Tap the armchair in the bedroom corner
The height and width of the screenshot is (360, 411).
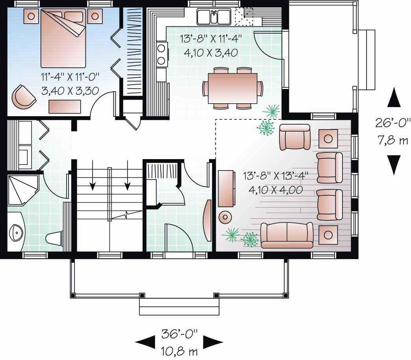point(23,96)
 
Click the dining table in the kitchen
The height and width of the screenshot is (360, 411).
point(232,88)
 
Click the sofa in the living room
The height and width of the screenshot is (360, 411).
point(287,235)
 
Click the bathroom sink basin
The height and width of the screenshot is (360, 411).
point(17,233)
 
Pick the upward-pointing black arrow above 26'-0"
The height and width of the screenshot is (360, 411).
point(394,98)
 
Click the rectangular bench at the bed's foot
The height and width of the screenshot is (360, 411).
point(65,106)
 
